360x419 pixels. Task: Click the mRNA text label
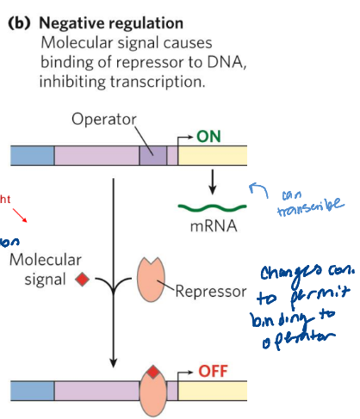pos(207,229)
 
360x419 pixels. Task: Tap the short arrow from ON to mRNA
pos(210,181)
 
